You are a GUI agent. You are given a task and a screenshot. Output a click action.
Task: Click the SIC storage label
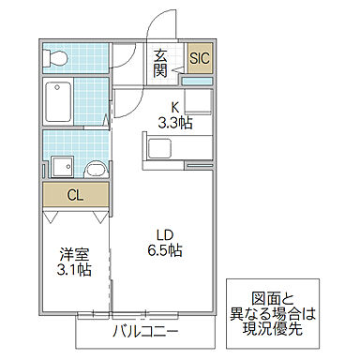coord(200,59)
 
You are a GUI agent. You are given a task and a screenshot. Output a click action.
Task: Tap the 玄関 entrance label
coord(162,63)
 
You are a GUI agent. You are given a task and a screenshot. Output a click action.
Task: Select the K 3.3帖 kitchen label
coord(174,114)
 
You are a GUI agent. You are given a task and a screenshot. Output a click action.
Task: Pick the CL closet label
coord(74,196)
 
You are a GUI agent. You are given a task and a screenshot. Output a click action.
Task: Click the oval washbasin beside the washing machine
coord(95,169)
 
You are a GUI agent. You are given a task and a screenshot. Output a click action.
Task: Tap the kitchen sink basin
coord(157,148)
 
